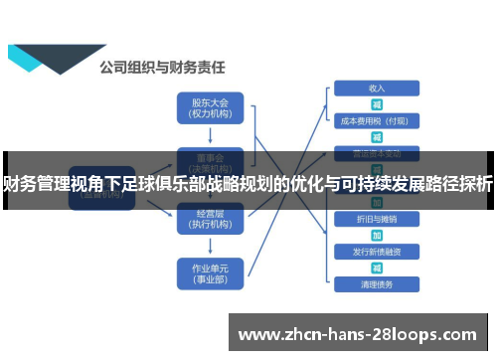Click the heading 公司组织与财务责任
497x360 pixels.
(162, 68)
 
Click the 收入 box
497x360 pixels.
(376, 88)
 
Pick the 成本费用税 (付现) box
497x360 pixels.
(376, 121)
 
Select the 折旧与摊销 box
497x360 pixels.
(376, 218)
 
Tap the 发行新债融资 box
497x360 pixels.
(376, 252)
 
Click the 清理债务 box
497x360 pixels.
(376, 284)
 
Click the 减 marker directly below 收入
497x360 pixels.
(377, 104)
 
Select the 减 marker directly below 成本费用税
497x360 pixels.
(377, 137)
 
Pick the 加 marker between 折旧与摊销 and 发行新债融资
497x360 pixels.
(377, 235)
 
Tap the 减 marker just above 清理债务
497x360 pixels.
(377, 268)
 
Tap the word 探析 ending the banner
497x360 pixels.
(477, 183)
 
